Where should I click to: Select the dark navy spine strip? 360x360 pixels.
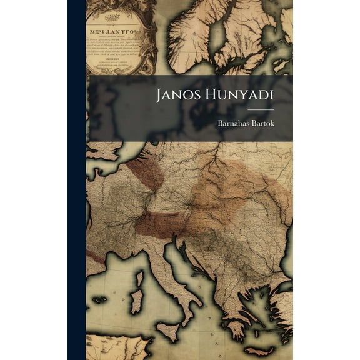tap(76, 180)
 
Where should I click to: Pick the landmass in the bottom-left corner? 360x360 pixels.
tap(112, 347)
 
